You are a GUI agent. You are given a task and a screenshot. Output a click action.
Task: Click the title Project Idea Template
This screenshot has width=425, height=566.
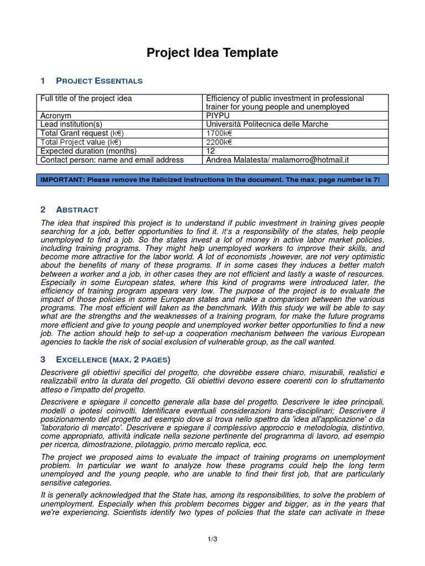point(212,53)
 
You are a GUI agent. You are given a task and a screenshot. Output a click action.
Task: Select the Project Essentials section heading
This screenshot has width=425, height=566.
point(99,81)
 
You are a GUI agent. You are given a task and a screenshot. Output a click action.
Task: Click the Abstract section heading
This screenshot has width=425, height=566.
point(77,209)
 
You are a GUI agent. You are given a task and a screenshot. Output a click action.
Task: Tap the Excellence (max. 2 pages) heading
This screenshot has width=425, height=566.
point(109,359)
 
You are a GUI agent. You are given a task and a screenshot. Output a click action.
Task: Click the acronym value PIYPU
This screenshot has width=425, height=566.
point(218,116)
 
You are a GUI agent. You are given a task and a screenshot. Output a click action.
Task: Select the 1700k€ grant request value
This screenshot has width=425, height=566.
point(219,133)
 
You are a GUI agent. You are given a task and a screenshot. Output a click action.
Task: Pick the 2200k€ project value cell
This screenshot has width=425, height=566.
point(219,142)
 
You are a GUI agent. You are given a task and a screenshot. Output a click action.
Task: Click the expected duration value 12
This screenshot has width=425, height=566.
point(210,151)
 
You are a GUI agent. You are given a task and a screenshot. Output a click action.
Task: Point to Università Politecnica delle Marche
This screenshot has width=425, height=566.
point(267,124)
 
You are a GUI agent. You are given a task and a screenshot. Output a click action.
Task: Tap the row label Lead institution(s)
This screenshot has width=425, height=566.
point(71,124)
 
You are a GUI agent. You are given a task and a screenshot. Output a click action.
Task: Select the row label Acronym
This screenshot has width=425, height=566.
point(56,116)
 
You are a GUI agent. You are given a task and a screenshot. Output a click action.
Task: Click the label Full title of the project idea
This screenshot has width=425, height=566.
point(86,98)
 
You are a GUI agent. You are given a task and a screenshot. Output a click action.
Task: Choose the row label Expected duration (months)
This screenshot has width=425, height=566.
point(89,151)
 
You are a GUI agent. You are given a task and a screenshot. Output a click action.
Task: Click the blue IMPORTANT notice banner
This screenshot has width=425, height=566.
point(212,180)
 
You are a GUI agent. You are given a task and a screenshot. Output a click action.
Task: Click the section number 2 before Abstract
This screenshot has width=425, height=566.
point(43,209)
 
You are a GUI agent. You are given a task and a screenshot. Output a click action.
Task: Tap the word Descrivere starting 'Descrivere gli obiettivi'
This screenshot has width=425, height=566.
point(60,373)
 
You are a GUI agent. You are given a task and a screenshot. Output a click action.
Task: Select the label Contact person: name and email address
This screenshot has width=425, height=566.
point(112,160)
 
